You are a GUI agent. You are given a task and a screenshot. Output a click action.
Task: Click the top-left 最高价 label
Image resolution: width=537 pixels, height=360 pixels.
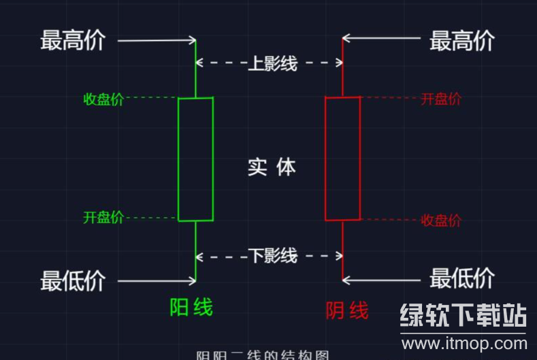(73, 40)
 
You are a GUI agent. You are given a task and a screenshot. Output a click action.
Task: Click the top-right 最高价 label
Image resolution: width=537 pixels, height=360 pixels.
(461, 40)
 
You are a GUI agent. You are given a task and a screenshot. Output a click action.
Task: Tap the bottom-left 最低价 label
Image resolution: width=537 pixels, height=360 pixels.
(73, 280)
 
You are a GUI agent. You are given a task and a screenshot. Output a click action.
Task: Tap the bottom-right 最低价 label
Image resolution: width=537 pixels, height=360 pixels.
(461, 278)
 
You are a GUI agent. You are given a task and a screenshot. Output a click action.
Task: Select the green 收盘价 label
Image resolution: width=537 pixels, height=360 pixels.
(103, 99)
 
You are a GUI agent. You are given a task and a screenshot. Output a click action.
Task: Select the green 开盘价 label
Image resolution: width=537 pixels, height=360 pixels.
(103, 218)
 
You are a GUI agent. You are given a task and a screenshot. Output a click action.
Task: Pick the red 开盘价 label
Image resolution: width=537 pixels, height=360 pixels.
(441, 99)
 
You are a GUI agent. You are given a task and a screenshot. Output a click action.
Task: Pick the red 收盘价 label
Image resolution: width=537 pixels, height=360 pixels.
(441, 220)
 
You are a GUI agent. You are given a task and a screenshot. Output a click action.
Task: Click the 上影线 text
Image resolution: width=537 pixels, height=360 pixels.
(272, 64)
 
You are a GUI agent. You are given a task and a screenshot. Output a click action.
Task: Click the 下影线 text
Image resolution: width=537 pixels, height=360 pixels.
(272, 257)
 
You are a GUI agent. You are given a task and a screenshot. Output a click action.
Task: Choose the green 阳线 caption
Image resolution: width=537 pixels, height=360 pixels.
(191, 308)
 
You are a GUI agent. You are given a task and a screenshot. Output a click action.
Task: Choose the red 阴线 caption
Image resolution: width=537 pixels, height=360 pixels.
(347, 311)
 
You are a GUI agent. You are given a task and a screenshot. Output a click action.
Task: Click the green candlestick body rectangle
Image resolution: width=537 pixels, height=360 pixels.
(195, 159)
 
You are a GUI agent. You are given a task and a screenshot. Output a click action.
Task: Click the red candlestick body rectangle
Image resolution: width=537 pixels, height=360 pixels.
(342, 159)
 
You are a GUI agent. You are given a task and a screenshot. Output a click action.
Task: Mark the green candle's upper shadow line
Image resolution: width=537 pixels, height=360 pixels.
(195, 68)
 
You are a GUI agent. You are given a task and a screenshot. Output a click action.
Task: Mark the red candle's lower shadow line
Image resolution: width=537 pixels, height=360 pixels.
(342, 250)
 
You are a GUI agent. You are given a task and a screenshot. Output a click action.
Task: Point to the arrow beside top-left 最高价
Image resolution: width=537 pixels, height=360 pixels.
(157, 40)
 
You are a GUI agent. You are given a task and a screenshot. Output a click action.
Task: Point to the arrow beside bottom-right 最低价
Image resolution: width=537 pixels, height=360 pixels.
(381, 279)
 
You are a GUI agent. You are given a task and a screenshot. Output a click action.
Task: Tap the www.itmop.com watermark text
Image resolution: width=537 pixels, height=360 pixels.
(462, 344)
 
